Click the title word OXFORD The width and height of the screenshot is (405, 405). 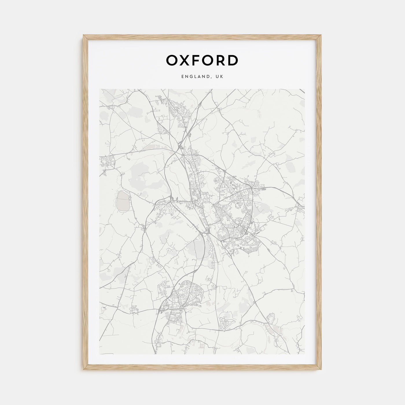(202, 60)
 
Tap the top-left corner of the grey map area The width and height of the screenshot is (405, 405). (100, 89)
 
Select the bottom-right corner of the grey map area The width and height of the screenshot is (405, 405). (305, 354)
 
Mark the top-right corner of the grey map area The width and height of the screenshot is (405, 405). (305, 89)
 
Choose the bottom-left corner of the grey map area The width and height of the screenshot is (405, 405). (100, 354)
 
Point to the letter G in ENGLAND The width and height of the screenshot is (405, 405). (189, 76)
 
